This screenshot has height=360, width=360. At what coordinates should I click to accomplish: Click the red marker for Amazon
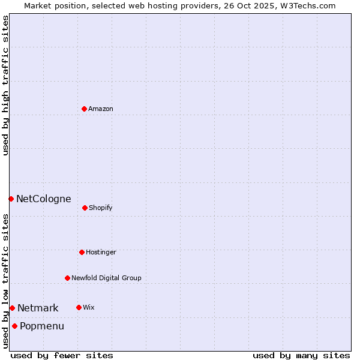[84, 109]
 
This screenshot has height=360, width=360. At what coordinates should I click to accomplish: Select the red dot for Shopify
[85, 208]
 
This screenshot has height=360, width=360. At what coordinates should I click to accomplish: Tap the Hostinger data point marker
[82, 252]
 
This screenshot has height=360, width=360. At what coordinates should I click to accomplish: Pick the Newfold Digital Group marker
[67, 278]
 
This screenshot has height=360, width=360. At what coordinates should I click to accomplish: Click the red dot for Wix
[79, 307]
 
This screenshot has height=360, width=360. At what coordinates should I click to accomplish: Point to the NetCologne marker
[11, 199]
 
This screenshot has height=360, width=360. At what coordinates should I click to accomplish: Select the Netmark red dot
[12, 308]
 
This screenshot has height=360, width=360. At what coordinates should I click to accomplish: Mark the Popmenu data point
[14, 326]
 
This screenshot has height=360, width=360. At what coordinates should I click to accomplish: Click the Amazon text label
[101, 109]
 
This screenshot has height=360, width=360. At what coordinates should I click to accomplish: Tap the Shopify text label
[101, 208]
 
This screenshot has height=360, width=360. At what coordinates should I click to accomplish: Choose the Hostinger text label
[101, 253]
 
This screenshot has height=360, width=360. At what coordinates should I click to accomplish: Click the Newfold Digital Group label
[106, 278]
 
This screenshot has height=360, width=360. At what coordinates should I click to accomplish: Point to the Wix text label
[89, 308]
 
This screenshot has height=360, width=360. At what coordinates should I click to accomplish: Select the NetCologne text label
[43, 199]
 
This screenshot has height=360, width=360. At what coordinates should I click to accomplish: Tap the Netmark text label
[38, 308]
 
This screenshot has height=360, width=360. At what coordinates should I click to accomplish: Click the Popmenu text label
[42, 326]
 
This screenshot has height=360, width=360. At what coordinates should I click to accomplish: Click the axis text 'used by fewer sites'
[62, 355]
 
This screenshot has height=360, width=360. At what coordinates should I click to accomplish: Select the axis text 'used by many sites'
[301, 355]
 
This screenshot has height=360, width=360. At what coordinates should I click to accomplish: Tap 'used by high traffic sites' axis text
[5, 85]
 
